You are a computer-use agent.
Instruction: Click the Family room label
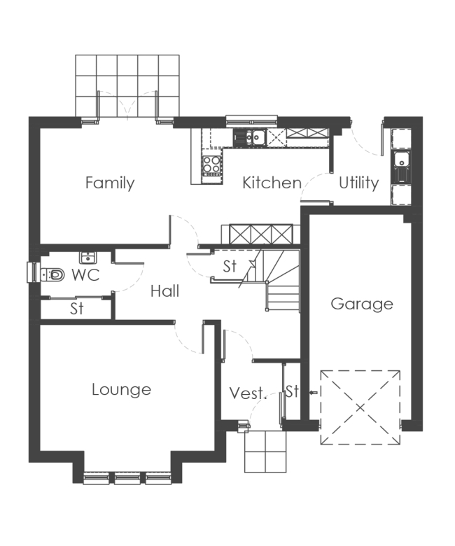tap(110, 183)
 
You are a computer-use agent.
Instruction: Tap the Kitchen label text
tap(271, 183)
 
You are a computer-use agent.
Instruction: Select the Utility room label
tap(358, 183)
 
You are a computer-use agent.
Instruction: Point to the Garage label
tap(361, 304)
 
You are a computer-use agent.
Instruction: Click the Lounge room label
tap(121, 389)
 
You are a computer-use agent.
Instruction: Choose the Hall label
tap(164, 290)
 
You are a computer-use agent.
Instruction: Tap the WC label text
tap(85, 275)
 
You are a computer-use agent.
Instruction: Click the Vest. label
tap(248, 393)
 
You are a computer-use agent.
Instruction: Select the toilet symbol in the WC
tap(55, 275)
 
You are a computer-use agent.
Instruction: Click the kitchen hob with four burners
tap(211, 164)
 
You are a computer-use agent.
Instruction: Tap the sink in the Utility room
tap(402, 163)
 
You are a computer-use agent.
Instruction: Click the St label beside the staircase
tap(230, 266)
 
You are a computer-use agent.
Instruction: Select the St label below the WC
tap(76, 309)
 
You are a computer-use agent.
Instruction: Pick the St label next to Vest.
tap(292, 391)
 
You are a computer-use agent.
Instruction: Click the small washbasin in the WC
tap(87, 257)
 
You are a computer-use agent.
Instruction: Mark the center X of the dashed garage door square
tap(360, 407)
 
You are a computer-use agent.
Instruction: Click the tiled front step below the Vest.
tap(265, 451)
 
